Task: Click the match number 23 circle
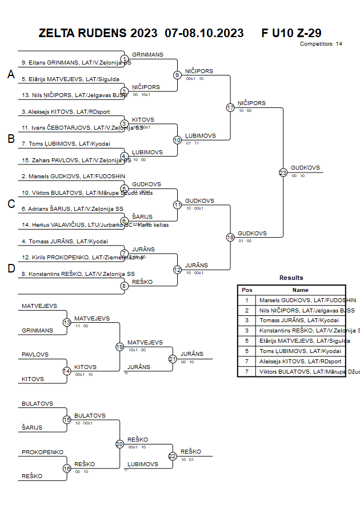283,173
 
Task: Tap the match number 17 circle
230,107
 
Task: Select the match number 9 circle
177,75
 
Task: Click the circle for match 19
119,347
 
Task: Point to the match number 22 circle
173,456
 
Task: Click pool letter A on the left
10,74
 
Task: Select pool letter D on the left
10,269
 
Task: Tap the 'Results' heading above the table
291,278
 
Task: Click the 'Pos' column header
247,290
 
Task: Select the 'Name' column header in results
300,290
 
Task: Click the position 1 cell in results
247,300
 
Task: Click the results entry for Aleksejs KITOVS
300,362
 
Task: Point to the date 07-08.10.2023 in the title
204,33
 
